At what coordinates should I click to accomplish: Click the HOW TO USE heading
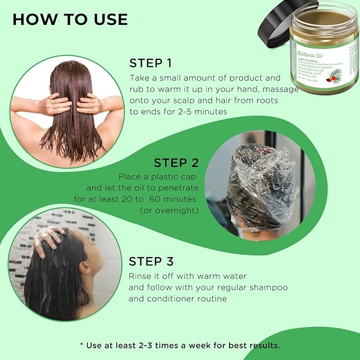[x=70, y=20]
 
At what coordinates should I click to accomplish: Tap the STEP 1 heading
[x=151, y=64]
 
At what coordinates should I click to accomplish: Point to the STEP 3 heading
[x=151, y=262]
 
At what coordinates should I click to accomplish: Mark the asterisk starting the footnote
[x=82, y=345]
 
